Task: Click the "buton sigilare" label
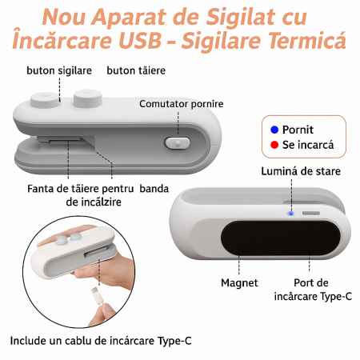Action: [x=58, y=70]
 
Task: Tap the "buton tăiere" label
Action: [x=136, y=70]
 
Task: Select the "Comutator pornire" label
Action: [x=181, y=104]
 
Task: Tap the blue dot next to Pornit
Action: [x=275, y=129]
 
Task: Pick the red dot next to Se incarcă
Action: [x=275, y=146]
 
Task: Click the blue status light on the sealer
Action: [x=290, y=213]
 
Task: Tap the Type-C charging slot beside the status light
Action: [x=310, y=214]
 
